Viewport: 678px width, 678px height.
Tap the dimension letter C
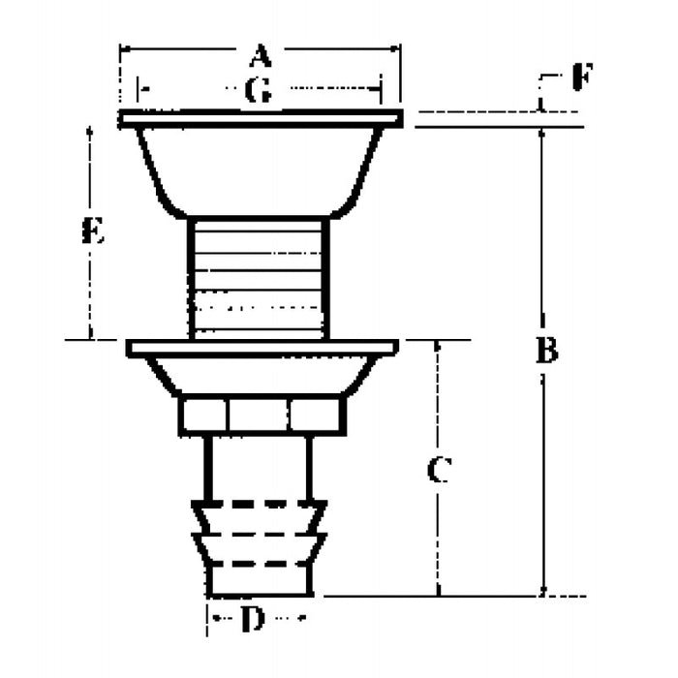(x=438, y=472)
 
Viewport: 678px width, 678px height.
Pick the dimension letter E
(x=93, y=231)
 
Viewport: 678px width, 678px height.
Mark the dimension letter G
(x=258, y=91)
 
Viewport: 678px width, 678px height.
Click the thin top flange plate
(x=260, y=118)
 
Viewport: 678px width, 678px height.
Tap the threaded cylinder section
(x=259, y=277)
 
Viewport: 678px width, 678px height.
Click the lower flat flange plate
(x=262, y=347)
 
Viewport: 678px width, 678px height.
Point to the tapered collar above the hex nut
(x=262, y=375)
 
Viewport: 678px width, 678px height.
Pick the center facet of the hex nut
(x=259, y=416)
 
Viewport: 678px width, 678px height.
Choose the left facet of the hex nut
(x=203, y=416)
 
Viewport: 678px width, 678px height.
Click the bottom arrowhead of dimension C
(x=438, y=590)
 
